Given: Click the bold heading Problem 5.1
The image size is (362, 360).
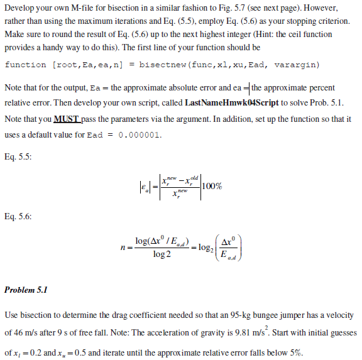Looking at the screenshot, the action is coord(26,290).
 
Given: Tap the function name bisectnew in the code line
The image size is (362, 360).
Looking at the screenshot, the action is coord(162,65).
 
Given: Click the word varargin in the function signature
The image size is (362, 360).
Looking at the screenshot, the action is coord(298,65).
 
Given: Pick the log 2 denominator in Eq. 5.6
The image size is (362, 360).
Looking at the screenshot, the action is coord(163,254).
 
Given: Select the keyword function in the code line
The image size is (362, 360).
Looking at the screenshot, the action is coord(26,65).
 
